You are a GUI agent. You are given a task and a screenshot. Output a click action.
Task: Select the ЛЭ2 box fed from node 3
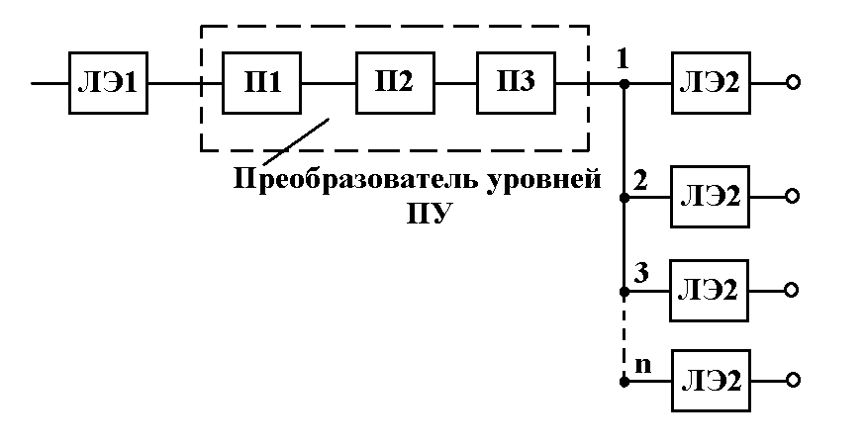(x=711, y=291)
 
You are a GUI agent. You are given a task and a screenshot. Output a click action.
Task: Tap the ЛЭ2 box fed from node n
(x=711, y=379)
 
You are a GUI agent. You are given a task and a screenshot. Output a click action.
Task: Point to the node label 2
(x=640, y=181)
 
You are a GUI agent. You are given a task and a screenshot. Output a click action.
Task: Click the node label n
(x=642, y=363)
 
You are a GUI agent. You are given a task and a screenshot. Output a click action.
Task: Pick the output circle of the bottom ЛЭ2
(x=792, y=379)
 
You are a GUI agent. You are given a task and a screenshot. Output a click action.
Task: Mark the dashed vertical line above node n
(x=624, y=336)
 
